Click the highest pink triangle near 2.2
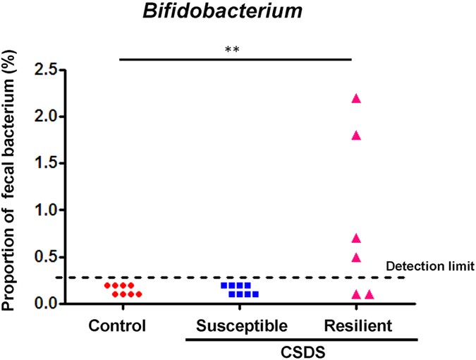point(356,99)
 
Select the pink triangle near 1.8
point(356,136)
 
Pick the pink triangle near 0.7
point(356,238)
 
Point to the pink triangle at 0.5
point(356,257)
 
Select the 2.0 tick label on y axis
point(46,116)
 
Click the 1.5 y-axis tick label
point(46,163)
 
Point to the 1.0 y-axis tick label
point(46,210)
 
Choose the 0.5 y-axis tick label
point(46,257)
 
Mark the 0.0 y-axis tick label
point(46,304)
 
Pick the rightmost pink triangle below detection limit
point(370,294)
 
